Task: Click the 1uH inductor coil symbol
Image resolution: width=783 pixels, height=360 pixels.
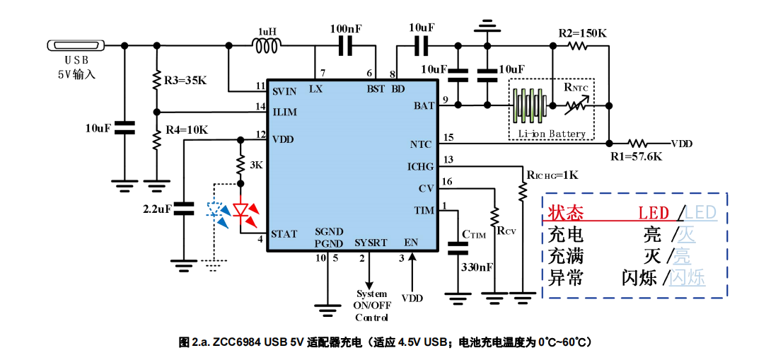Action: pos(267,46)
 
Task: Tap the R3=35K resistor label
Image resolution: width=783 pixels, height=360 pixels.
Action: pos(185,80)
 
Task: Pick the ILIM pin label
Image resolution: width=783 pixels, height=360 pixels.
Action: pos(284,112)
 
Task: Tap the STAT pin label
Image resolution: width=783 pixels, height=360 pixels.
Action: pos(284,234)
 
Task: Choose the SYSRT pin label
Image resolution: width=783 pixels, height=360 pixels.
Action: pos(371,243)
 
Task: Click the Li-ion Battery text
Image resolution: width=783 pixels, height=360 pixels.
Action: pos(552,134)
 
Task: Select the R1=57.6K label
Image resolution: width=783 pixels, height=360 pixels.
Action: pos(637,156)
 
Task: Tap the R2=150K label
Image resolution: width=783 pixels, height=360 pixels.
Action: pos(583,33)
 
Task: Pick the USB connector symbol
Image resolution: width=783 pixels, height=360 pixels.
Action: pos(76,46)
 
